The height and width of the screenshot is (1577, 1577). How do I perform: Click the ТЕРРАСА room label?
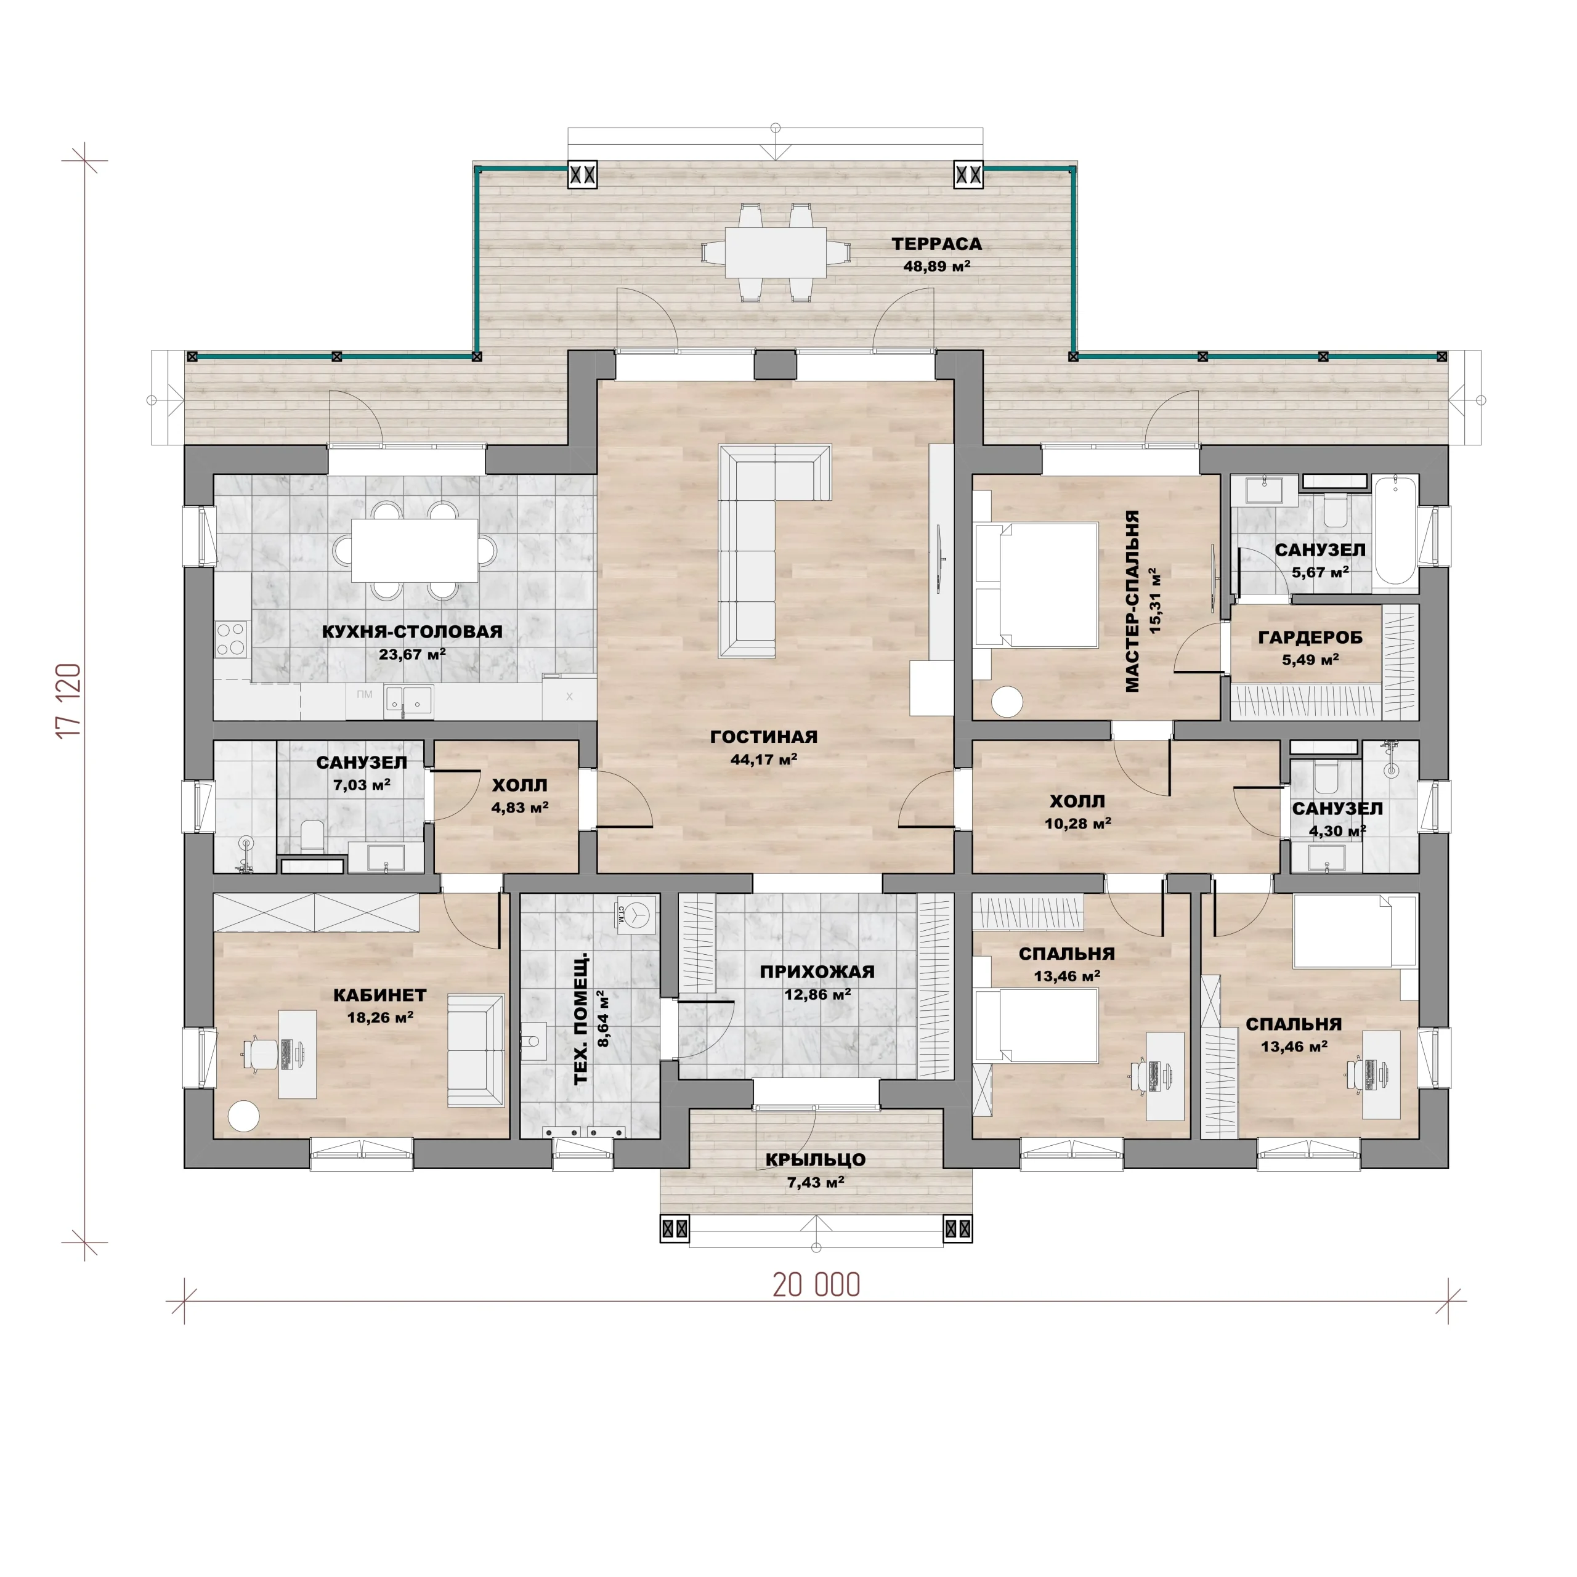[936, 244]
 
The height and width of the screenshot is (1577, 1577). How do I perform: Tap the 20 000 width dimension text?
[816, 1285]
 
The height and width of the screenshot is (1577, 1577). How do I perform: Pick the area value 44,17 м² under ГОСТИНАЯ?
[763, 759]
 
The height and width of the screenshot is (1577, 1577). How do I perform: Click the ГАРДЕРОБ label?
[1310, 638]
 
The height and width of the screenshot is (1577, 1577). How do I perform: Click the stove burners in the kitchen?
[231, 638]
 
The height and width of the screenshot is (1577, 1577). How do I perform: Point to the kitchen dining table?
[415, 550]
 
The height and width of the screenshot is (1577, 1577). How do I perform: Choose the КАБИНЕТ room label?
[379, 995]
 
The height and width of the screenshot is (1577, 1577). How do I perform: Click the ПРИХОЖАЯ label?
[817, 971]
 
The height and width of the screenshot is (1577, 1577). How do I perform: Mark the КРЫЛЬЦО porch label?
[816, 1159]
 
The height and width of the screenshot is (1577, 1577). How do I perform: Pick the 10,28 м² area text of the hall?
[1077, 824]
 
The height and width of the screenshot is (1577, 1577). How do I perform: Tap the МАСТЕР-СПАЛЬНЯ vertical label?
[1132, 602]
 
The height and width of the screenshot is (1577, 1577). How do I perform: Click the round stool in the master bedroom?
[1007, 702]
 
